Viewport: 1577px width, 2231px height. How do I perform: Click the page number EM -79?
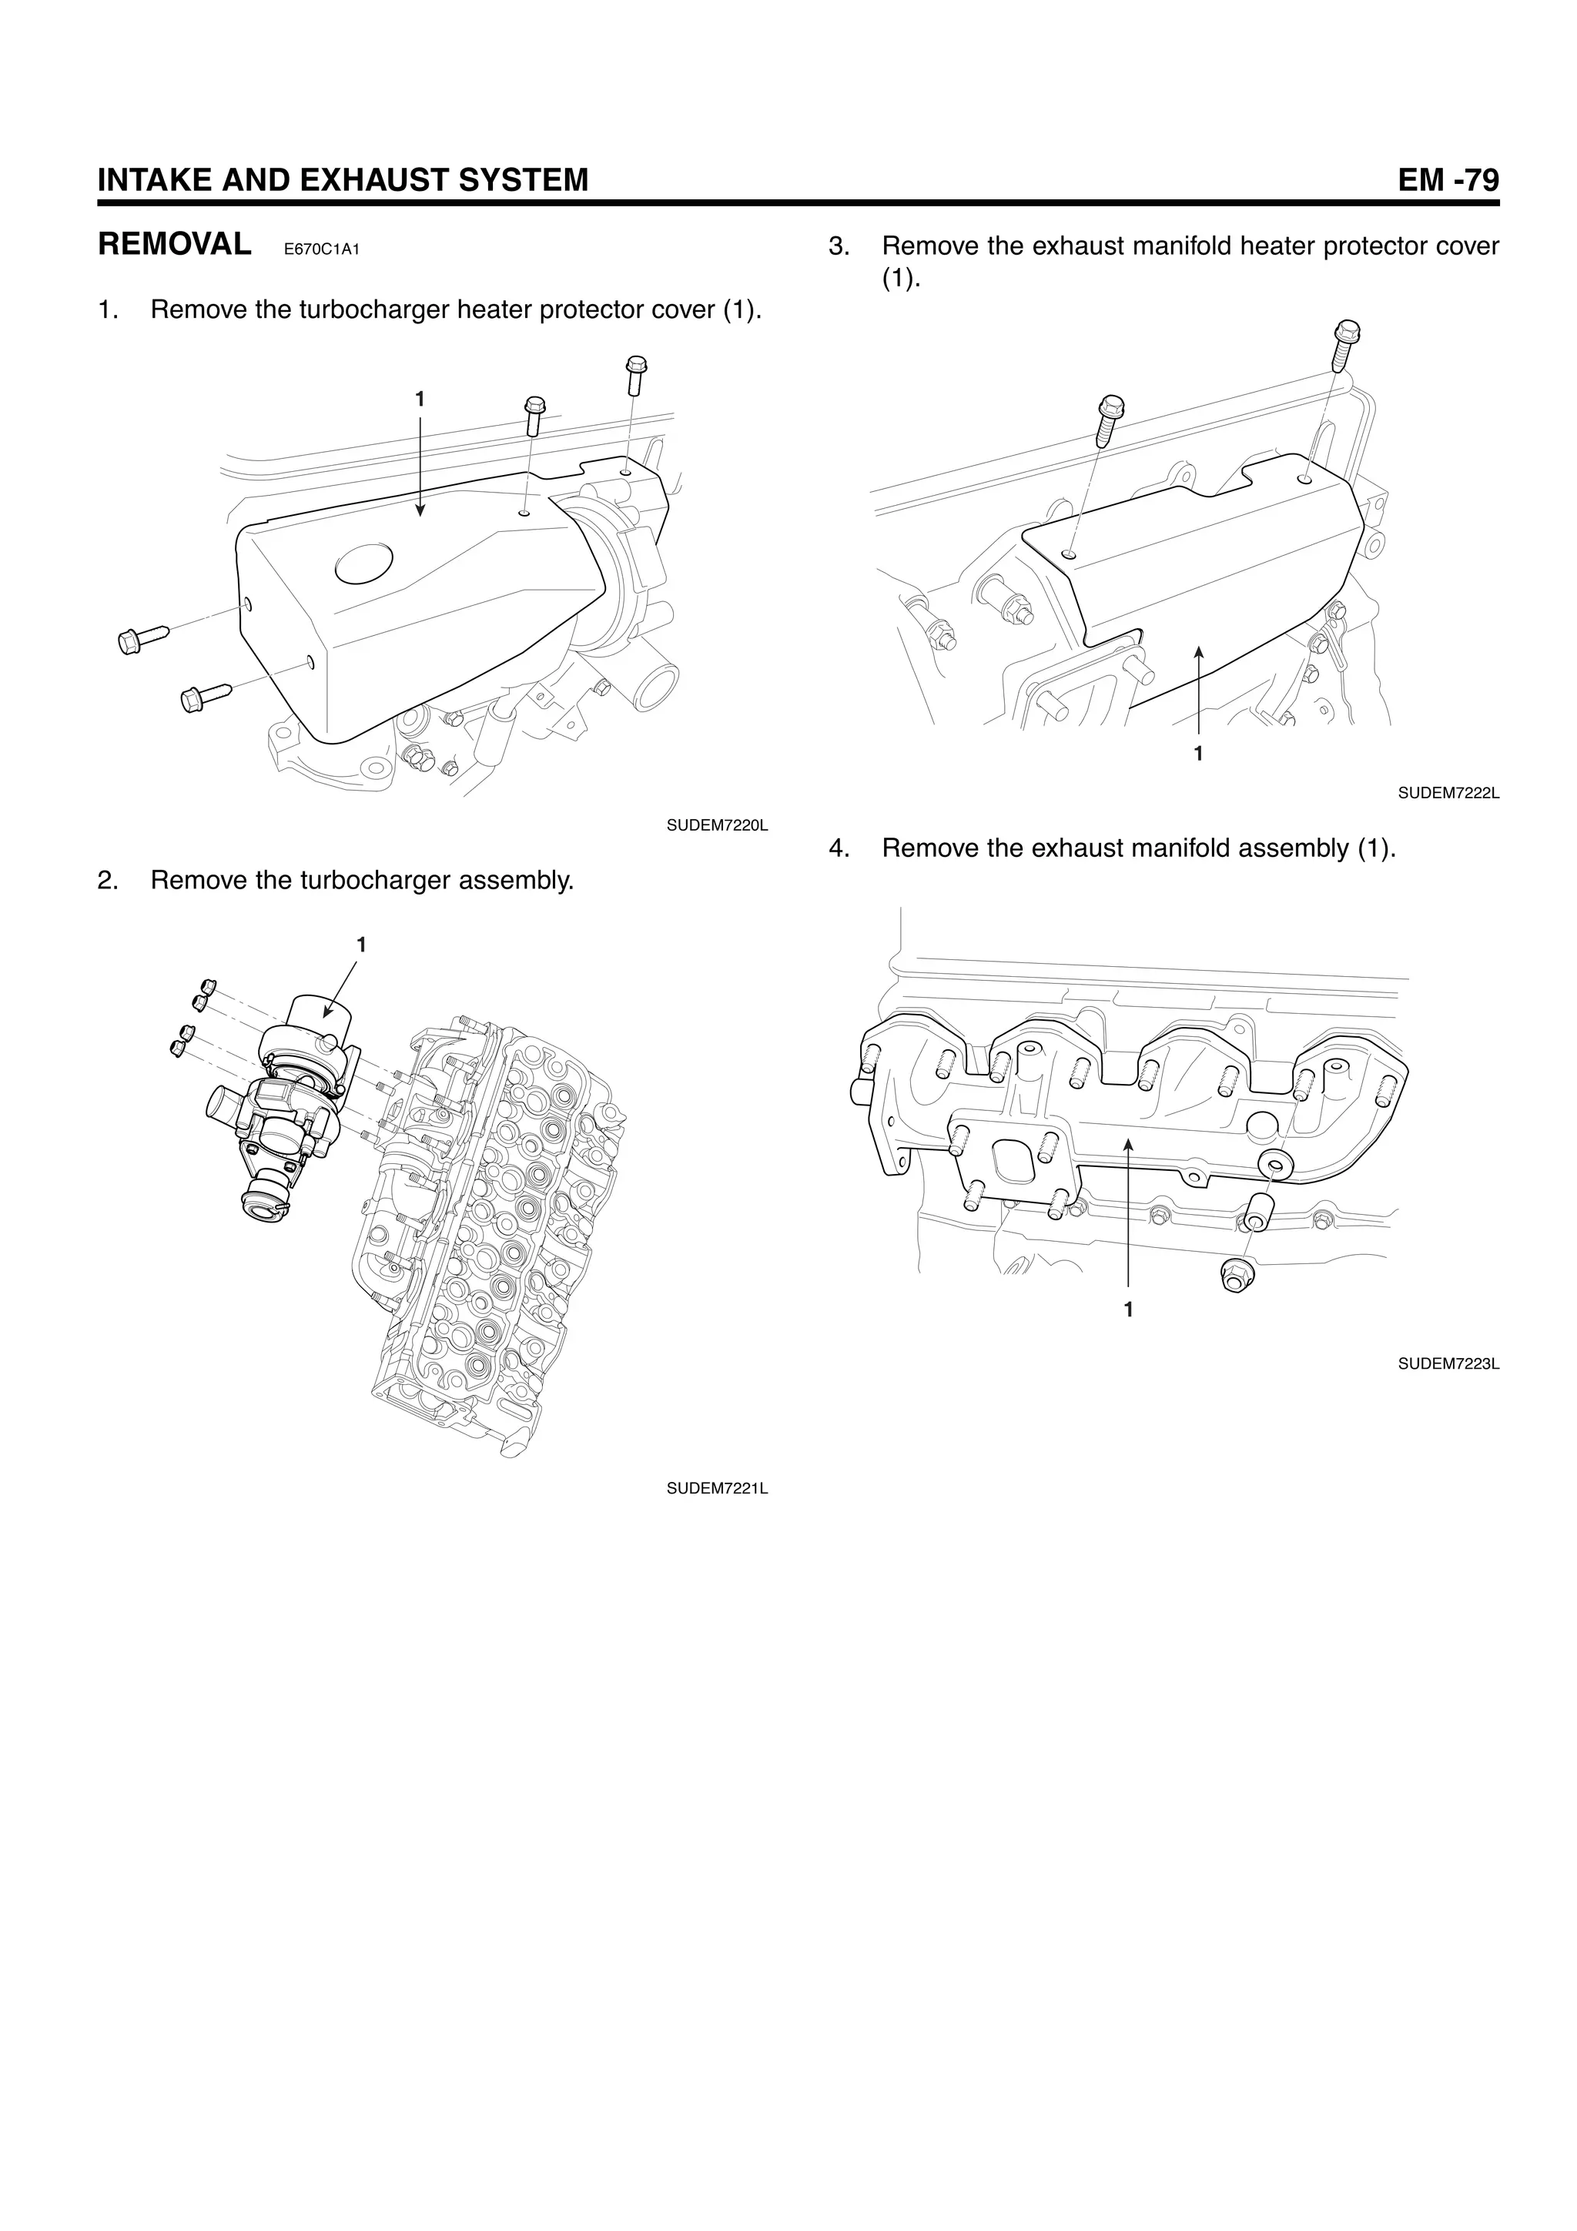[x=1448, y=180]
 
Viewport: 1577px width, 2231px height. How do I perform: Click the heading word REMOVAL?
[x=174, y=244]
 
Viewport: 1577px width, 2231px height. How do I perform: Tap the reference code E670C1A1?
[x=322, y=249]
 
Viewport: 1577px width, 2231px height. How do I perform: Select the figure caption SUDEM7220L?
[x=717, y=826]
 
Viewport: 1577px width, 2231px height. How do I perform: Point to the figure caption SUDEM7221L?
[x=717, y=1489]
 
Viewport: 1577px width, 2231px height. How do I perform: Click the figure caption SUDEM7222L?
[x=1448, y=793]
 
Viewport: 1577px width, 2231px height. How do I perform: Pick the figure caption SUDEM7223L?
[x=1448, y=1364]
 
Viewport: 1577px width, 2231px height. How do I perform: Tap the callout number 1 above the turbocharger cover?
[x=420, y=399]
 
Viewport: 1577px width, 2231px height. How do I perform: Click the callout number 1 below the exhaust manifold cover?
[x=1198, y=753]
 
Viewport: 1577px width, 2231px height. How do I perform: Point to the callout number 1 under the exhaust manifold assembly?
[x=1128, y=1309]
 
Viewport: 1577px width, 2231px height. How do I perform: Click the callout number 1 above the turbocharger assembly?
[x=361, y=945]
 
